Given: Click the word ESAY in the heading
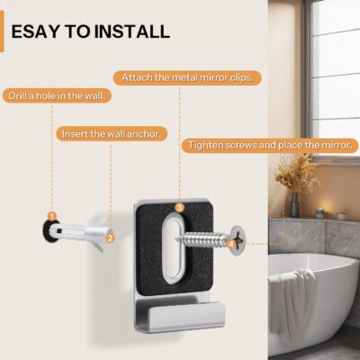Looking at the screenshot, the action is pos(36,31).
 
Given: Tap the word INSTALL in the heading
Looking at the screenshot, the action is pos(132,31).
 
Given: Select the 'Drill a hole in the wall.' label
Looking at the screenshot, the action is pos(57,96).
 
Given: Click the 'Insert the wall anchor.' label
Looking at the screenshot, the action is pos(112,134).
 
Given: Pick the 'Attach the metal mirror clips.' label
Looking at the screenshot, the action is pos(187,78).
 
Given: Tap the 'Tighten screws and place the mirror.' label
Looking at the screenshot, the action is pos(270,146).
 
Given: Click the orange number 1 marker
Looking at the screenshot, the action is pos(52,216).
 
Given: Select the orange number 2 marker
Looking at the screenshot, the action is pos(110,238).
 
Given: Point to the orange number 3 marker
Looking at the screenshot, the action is pos(179,207).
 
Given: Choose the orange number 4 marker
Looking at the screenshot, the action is pos(230,244).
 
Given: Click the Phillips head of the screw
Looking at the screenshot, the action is pos(239,238).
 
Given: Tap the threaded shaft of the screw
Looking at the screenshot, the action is pos(204,238).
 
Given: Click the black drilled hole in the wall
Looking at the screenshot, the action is pos(49,230).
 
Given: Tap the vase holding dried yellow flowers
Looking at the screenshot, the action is pos(294,204).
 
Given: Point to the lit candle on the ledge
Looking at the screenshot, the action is pos(320,212).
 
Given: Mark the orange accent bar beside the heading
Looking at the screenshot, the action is pos(2,31).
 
